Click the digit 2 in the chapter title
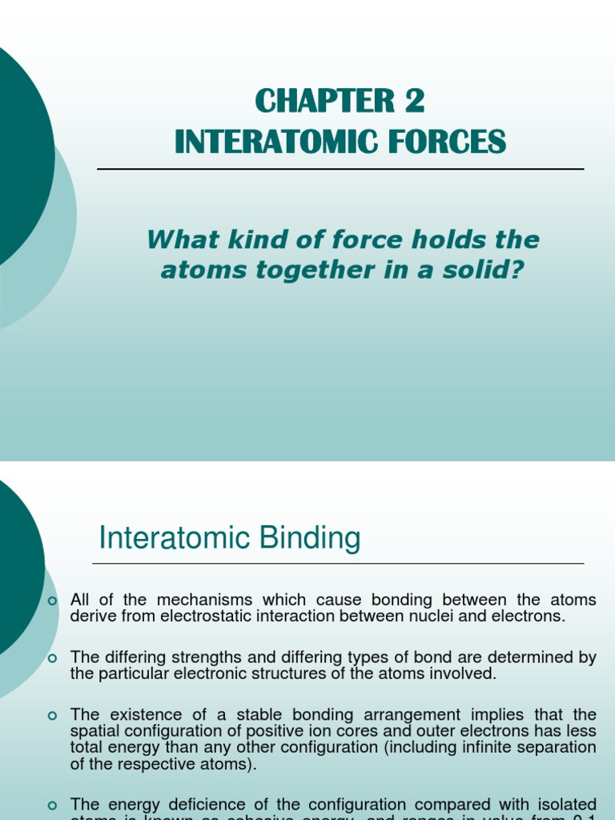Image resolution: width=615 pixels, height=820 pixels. point(412,102)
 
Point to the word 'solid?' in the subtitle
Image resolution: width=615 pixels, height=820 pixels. point(486,271)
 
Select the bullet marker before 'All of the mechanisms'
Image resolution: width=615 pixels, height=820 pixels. point(54,601)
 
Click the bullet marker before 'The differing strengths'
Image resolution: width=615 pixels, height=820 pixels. point(54,658)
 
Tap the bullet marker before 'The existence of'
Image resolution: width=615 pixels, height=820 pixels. point(54,715)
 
